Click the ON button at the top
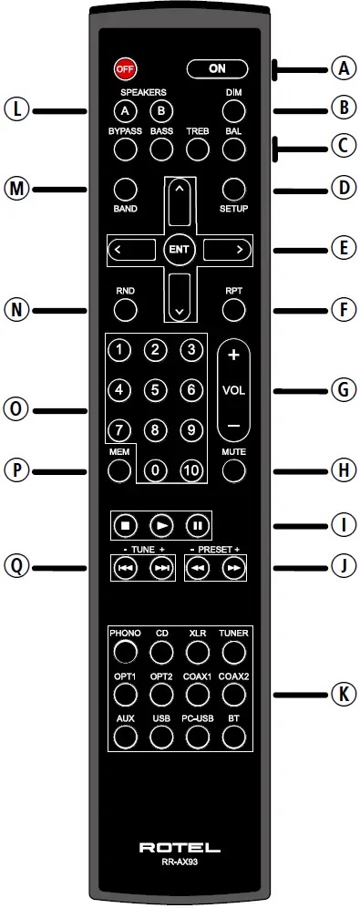[x=217, y=68]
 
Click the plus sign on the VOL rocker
[x=232, y=356]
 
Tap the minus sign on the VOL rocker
[x=232, y=426]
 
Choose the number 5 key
[x=156, y=390]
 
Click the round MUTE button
[x=234, y=470]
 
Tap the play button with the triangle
[x=160, y=525]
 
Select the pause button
[x=196, y=525]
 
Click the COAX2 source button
[x=234, y=693]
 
